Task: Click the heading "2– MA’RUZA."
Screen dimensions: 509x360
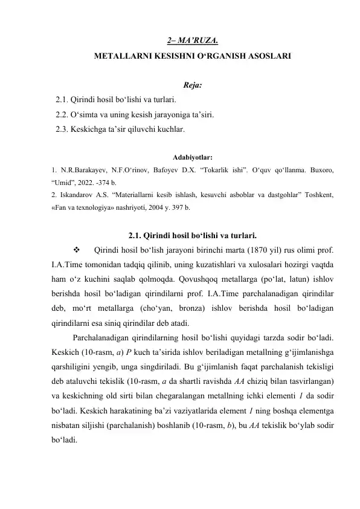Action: click(x=192, y=42)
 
